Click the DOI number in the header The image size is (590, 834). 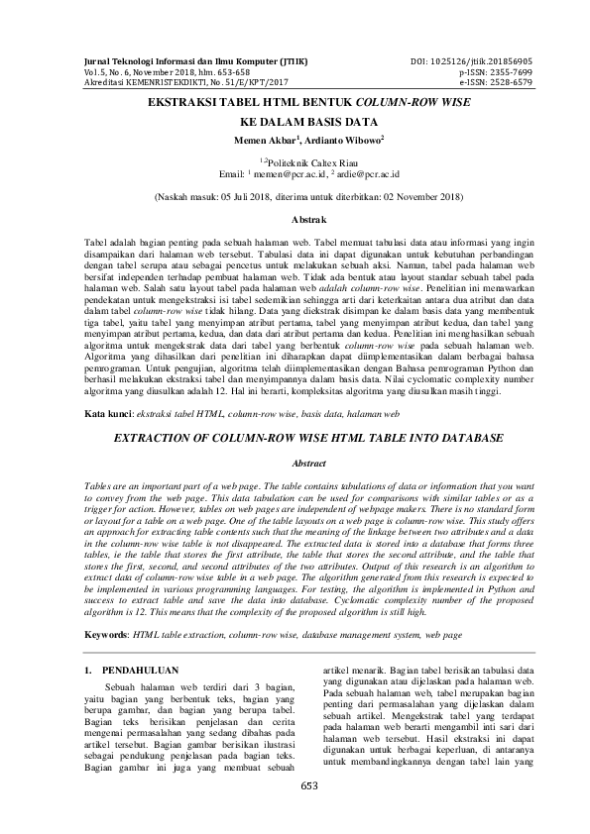[501, 61]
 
